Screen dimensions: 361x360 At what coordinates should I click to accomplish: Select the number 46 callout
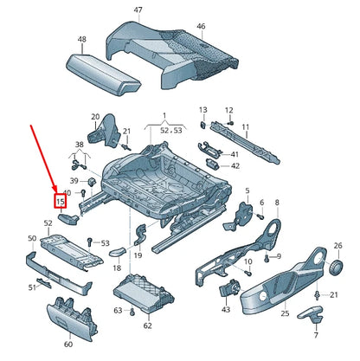(x=201, y=27)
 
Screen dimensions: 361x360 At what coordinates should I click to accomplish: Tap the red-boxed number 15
(x=61, y=202)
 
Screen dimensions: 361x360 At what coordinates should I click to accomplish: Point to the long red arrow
(x=46, y=159)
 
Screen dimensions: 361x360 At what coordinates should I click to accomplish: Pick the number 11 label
(x=245, y=128)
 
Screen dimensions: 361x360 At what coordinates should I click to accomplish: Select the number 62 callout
(x=147, y=326)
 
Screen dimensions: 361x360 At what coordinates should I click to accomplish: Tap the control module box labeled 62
(x=148, y=293)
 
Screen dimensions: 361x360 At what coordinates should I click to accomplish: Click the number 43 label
(x=226, y=309)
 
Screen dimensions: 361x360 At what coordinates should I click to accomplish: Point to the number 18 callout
(x=117, y=269)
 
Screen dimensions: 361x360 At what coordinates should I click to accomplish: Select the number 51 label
(x=33, y=287)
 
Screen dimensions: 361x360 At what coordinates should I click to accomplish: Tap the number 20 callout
(x=95, y=115)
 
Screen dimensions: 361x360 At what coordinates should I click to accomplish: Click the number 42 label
(x=235, y=165)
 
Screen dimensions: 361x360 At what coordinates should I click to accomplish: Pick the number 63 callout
(x=119, y=309)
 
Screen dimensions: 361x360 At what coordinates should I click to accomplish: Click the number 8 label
(x=277, y=203)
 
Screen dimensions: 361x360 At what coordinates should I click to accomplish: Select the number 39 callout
(x=74, y=179)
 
